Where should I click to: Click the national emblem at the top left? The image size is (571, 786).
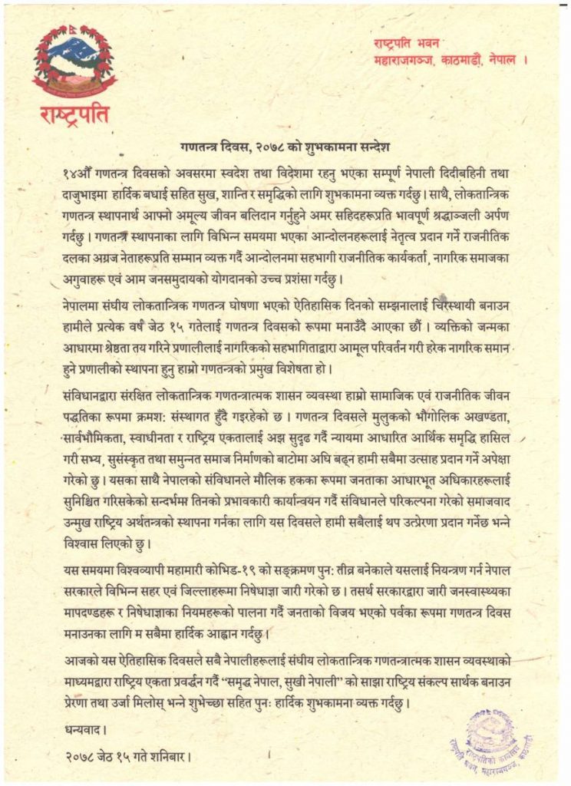point(74,60)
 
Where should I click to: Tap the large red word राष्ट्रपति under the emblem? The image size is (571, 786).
point(74,114)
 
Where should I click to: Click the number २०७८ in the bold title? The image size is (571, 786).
point(268,144)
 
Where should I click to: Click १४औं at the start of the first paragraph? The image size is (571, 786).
point(77,165)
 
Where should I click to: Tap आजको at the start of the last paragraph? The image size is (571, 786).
point(81,661)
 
